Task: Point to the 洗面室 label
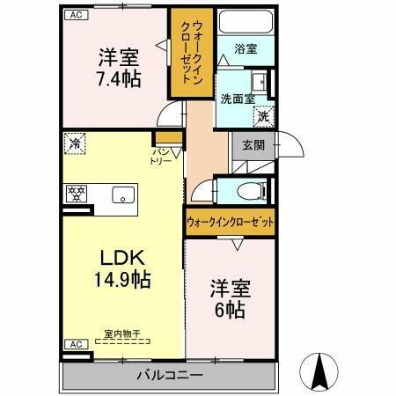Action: (x=237, y=99)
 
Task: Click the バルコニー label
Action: (x=169, y=375)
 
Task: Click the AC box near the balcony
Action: (x=75, y=344)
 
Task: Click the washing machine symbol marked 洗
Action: (x=263, y=114)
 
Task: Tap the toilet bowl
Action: (x=249, y=191)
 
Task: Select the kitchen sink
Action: (x=121, y=195)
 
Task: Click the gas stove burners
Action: (x=77, y=195)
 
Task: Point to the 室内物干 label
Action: (x=122, y=334)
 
